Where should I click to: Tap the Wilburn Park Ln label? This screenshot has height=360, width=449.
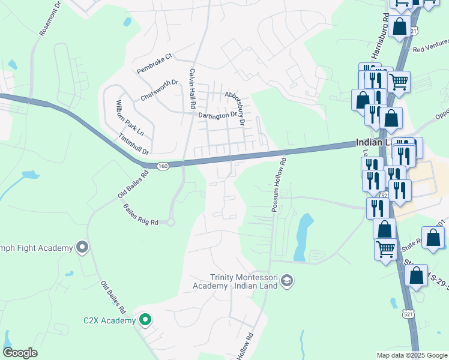coord(130,118)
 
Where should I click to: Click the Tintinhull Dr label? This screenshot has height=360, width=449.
coord(133,145)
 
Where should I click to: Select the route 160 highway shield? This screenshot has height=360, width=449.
coord(162,166)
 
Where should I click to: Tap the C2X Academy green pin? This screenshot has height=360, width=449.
coord(145,320)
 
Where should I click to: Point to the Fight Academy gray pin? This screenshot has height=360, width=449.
coord(82,247)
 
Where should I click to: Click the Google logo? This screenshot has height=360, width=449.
coord(20,353)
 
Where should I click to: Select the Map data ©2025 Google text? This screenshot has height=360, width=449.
coord(411,355)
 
